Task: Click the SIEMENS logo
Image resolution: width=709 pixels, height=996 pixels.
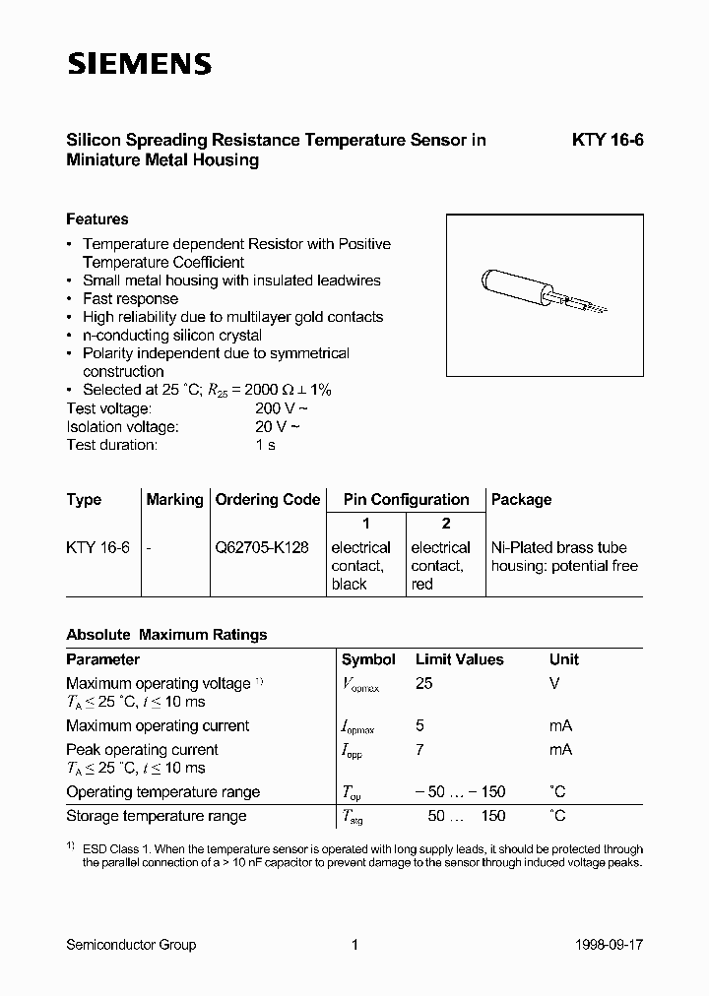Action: [x=139, y=64]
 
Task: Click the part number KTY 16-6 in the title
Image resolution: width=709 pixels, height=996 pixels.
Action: [x=608, y=141]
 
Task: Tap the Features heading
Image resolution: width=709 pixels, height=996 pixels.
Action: [x=97, y=219]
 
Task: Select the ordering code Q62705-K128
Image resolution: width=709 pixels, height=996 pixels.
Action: [x=261, y=548]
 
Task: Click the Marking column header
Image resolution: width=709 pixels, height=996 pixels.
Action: [x=174, y=500]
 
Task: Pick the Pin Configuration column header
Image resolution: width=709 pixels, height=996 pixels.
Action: [x=406, y=500]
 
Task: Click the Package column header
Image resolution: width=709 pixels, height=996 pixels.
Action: [x=521, y=500]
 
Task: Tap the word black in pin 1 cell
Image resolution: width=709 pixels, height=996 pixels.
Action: [x=349, y=585]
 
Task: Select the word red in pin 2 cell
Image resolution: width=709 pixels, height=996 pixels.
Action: [x=421, y=585]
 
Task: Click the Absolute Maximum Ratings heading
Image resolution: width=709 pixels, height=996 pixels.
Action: [x=166, y=635]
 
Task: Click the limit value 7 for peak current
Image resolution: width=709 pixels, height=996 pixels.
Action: [x=420, y=750]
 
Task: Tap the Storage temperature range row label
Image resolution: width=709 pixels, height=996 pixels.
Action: [x=157, y=816]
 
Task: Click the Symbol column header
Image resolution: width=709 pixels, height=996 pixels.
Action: [x=368, y=659]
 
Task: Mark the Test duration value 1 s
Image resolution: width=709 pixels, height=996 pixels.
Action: [x=265, y=445]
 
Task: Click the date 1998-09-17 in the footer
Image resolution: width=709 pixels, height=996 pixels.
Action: [x=608, y=945]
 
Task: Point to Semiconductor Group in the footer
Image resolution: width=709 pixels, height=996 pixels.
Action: [x=131, y=945]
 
